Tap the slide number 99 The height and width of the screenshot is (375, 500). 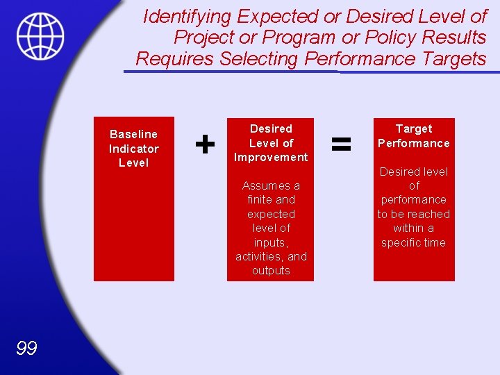tap(26, 349)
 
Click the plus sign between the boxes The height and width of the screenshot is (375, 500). tap(204, 144)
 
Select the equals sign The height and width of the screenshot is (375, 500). tap(340, 144)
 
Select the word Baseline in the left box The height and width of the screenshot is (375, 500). tap(133, 134)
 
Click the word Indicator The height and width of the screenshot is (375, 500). tap(133, 149)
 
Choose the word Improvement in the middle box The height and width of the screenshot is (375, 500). tap(271, 157)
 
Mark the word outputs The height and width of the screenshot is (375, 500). tap(271, 271)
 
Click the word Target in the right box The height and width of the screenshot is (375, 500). tap(414, 128)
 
